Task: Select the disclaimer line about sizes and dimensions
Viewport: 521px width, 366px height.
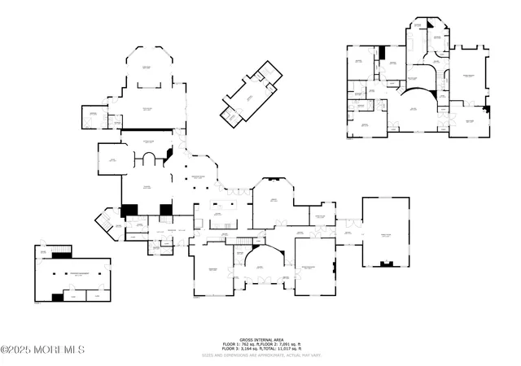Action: pos(260,355)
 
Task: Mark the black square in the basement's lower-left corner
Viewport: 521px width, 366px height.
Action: pos(57,298)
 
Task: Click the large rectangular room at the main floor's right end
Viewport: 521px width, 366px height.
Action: pos(386,231)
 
